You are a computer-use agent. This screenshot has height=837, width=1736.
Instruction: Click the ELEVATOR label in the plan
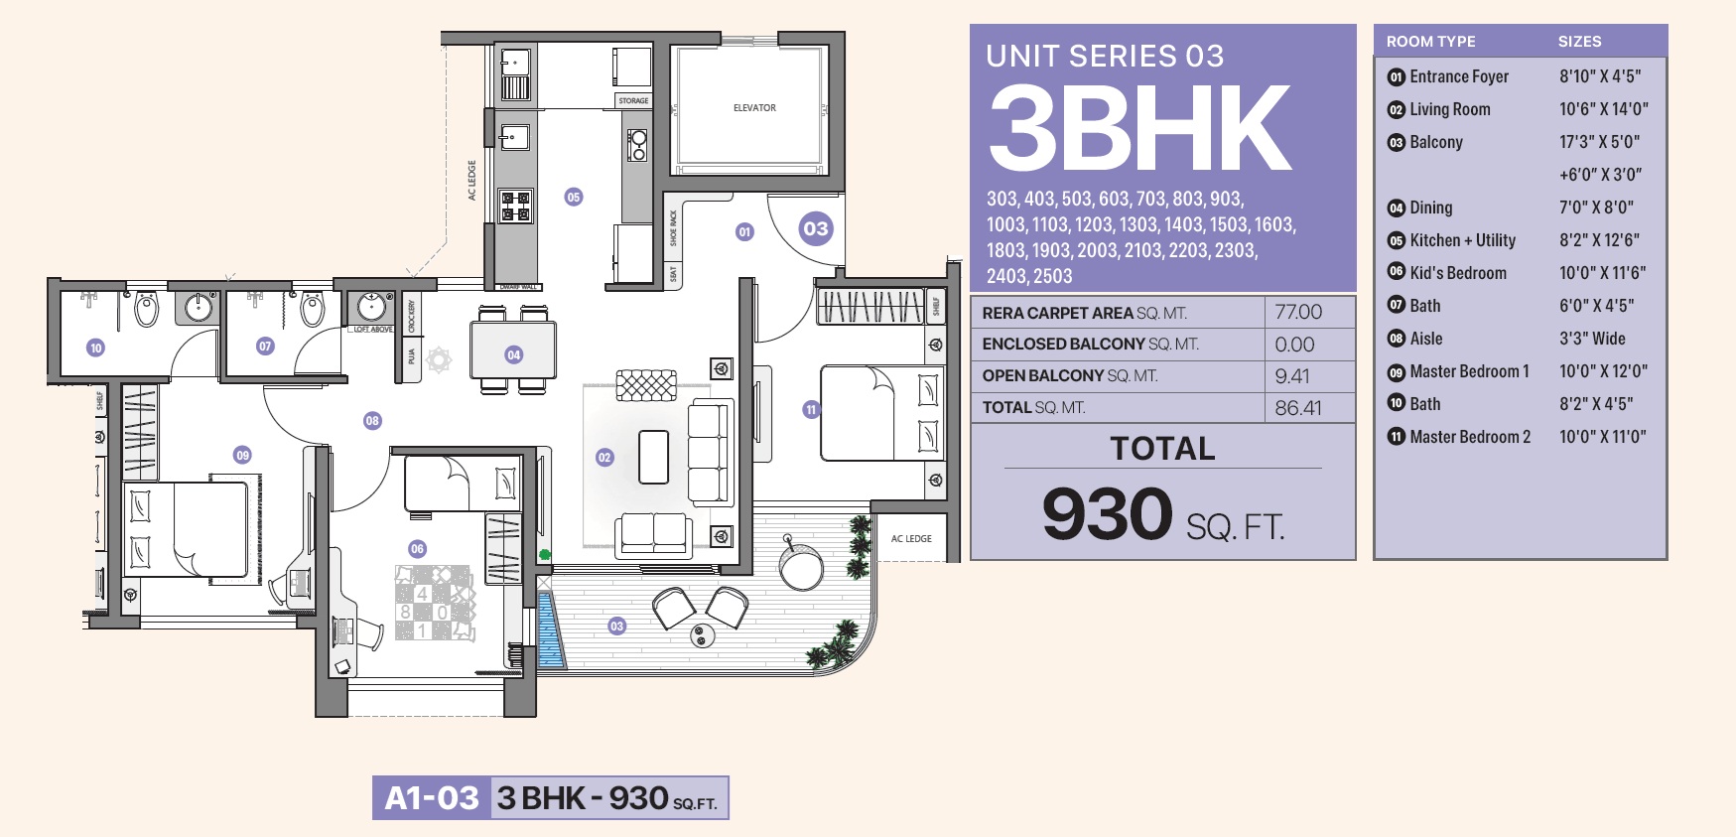click(754, 107)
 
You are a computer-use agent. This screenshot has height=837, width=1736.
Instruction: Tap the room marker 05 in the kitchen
click(574, 197)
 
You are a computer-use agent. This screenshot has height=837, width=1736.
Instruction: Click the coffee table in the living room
click(653, 457)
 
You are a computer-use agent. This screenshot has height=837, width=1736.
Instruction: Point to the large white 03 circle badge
click(816, 229)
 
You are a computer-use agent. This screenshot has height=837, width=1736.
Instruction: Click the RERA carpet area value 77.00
click(1298, 312)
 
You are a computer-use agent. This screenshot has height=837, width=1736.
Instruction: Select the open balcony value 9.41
click(1292, 376)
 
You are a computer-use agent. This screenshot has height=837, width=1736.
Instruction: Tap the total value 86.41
click(1298, 408)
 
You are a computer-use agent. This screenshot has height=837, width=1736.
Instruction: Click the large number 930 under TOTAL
click(1108, 514)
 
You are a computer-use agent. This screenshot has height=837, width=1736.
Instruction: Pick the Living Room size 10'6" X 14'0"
click(1603, 109)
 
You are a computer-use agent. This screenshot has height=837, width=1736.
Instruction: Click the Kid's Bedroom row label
click(1457, 273)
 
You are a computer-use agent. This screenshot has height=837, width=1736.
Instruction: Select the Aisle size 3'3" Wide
click(1592, 339)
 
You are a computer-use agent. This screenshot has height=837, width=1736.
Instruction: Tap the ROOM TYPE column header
click(1430, 42)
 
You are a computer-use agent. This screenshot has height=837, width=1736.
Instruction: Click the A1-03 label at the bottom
click(432, 798)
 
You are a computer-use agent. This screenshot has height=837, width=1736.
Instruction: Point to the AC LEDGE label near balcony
click(911, 539)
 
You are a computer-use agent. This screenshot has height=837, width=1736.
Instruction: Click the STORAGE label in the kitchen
click(633, 100)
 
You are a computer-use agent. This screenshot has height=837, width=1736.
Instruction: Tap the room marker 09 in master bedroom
click(242, 455)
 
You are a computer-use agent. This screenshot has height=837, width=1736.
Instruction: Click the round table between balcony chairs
click(703, 635)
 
